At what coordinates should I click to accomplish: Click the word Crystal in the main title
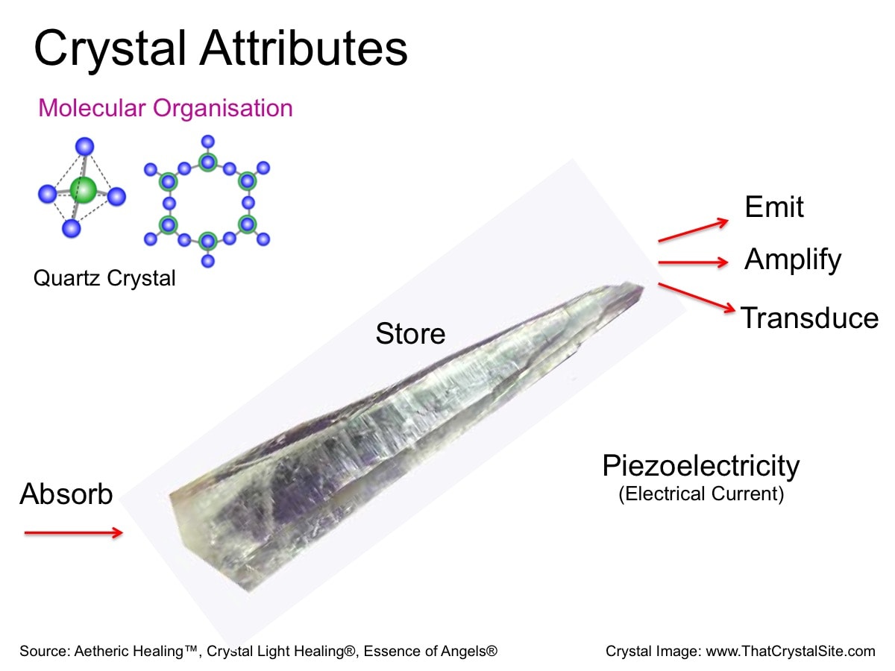[110, 50]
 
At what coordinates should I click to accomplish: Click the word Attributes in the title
[304, 48]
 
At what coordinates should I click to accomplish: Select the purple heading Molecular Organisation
[166, 108]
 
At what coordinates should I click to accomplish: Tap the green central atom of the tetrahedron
[84, 189]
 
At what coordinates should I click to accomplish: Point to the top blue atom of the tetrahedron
[85, 146]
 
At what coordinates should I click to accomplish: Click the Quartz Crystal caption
[104, 278]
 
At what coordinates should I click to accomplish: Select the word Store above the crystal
[410, 334]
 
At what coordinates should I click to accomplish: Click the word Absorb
[66, 494]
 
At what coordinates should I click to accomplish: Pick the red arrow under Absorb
[73, 532]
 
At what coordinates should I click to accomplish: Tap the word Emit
[774, 207]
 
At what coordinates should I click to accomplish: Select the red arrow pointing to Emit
[693, 230]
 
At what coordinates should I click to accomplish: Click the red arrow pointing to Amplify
[693, 262]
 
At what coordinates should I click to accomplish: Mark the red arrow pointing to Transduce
[697, 297]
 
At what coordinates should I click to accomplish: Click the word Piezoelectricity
[701, 466]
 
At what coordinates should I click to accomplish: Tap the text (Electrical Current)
[701, 494]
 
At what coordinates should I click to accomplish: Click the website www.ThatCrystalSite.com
[791, 651]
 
